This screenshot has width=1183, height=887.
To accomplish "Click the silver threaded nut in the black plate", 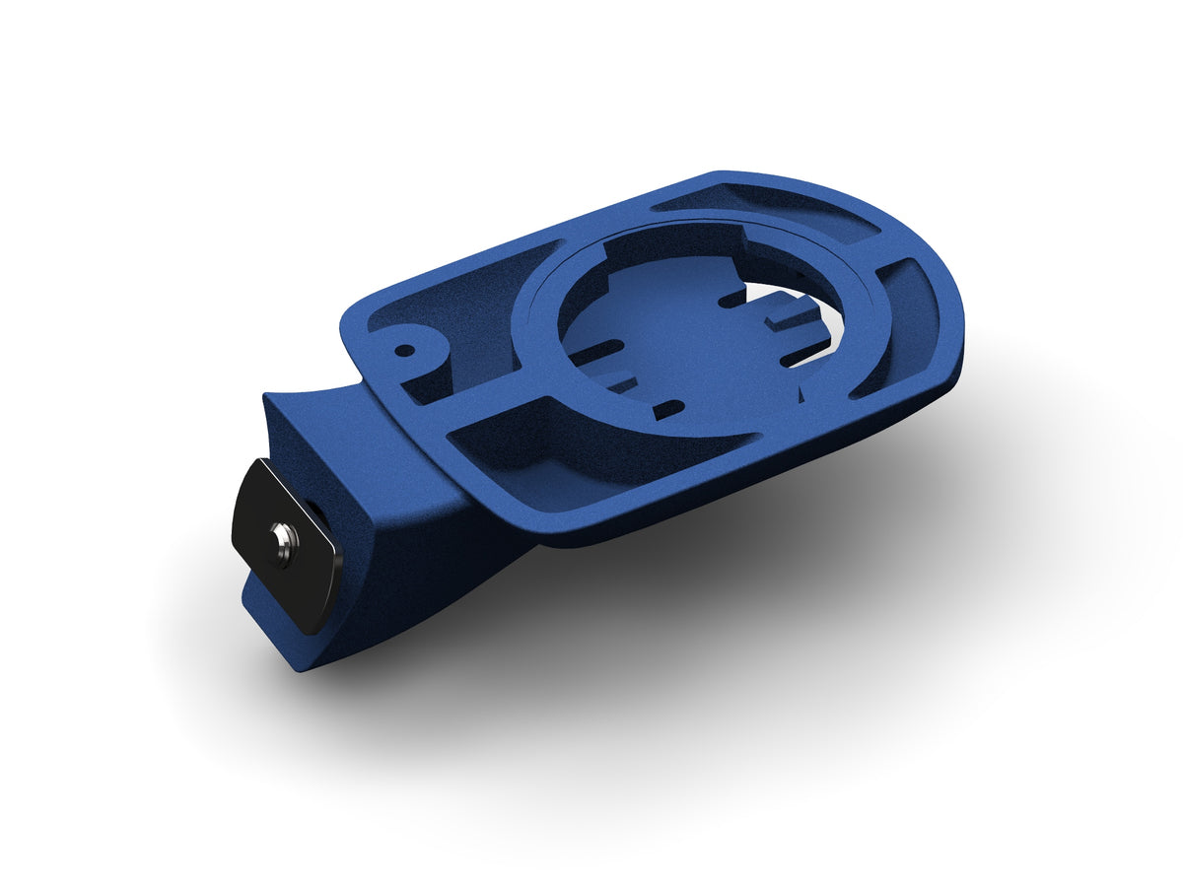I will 284,541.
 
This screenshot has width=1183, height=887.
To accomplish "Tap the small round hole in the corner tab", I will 403,349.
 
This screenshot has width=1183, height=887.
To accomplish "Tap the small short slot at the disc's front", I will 668,406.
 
